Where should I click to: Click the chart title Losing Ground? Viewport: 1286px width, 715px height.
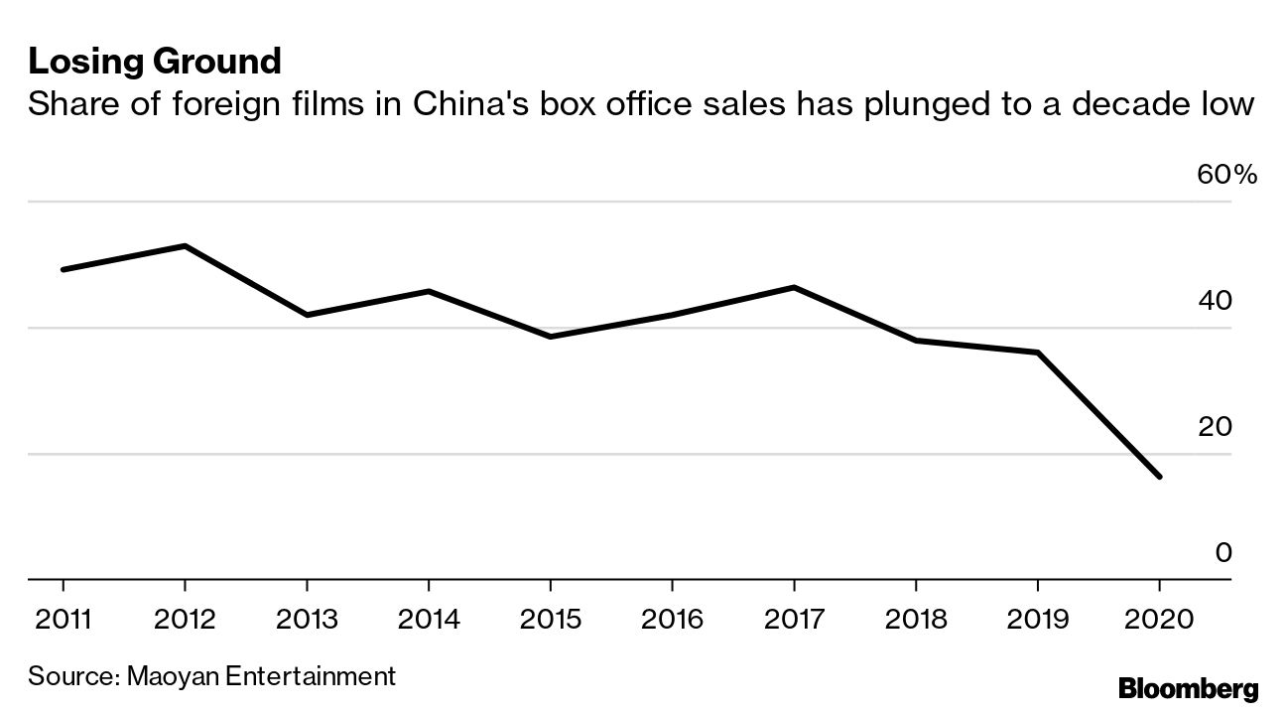click(x=155, y=63)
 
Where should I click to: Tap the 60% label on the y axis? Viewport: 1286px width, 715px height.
click(x=1226, y=176)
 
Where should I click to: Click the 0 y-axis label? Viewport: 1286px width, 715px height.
click(x=1223, y=553)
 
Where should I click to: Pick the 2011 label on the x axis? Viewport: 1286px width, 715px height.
click(x=63, y=621)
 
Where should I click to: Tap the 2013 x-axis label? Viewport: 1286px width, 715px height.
click(x=307, y=621)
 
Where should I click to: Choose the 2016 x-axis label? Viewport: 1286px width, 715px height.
click(x=672, y=621)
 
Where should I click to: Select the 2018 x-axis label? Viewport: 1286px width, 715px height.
click(x=915, y=621)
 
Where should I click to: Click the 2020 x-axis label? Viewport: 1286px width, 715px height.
click(x=1159, y=621)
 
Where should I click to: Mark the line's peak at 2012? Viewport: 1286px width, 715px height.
click(x=185, y=245)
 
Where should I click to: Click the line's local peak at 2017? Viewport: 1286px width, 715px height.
click(x=794, y=287)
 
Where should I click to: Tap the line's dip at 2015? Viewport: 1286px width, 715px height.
click(x=550, y=337)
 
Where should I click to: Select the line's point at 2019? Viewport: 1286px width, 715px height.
click(x=1037, y=353)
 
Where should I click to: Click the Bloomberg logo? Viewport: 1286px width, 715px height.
click(x=1188, y=689)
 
